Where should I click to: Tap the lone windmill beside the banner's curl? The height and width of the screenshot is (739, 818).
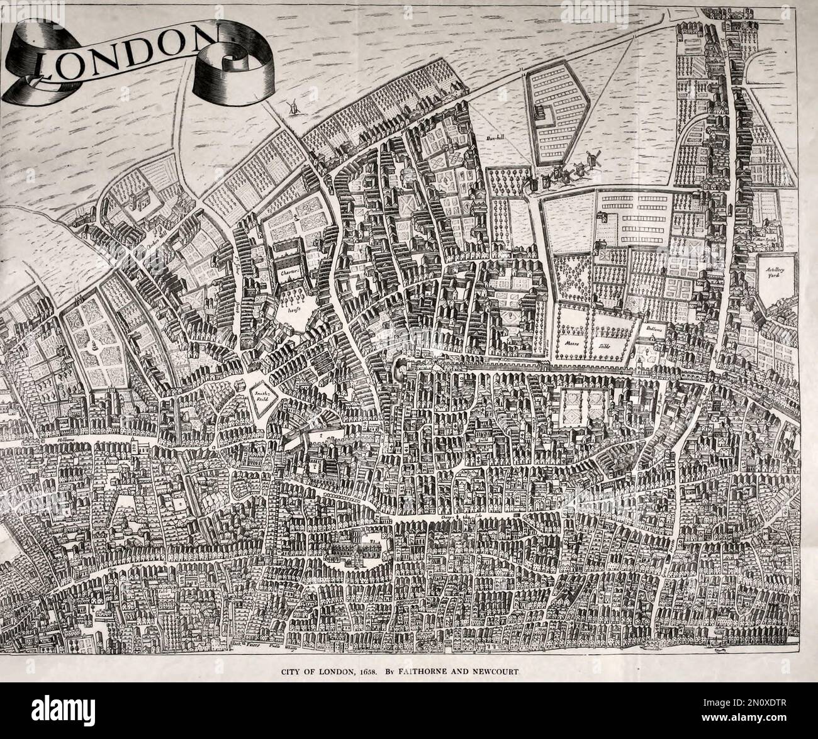(292, 107)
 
